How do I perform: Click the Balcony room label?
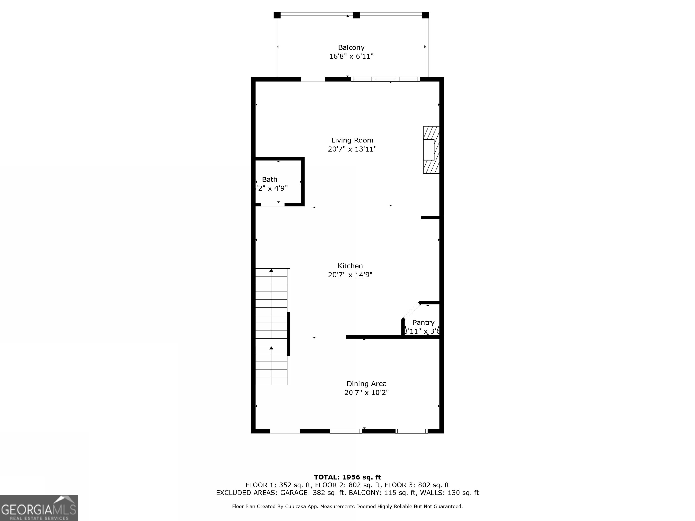click(351, 47)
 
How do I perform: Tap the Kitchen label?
click(350, 266)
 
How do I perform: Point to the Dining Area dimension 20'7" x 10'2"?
click(366, 393)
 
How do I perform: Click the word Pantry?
click(423, 322)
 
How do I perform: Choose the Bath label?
click(270, 179)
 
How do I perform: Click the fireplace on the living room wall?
click(431, 150)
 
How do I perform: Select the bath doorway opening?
click(272, 205)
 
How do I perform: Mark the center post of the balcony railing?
click(356, 15)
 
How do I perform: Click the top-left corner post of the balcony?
click(277, 15)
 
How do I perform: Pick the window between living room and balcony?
click(385, 79)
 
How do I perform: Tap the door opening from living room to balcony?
click(313, 79)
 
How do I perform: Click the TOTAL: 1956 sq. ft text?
click(347, 477)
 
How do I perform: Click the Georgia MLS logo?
click(39, 508)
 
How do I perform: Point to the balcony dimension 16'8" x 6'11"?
click(351, 57)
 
